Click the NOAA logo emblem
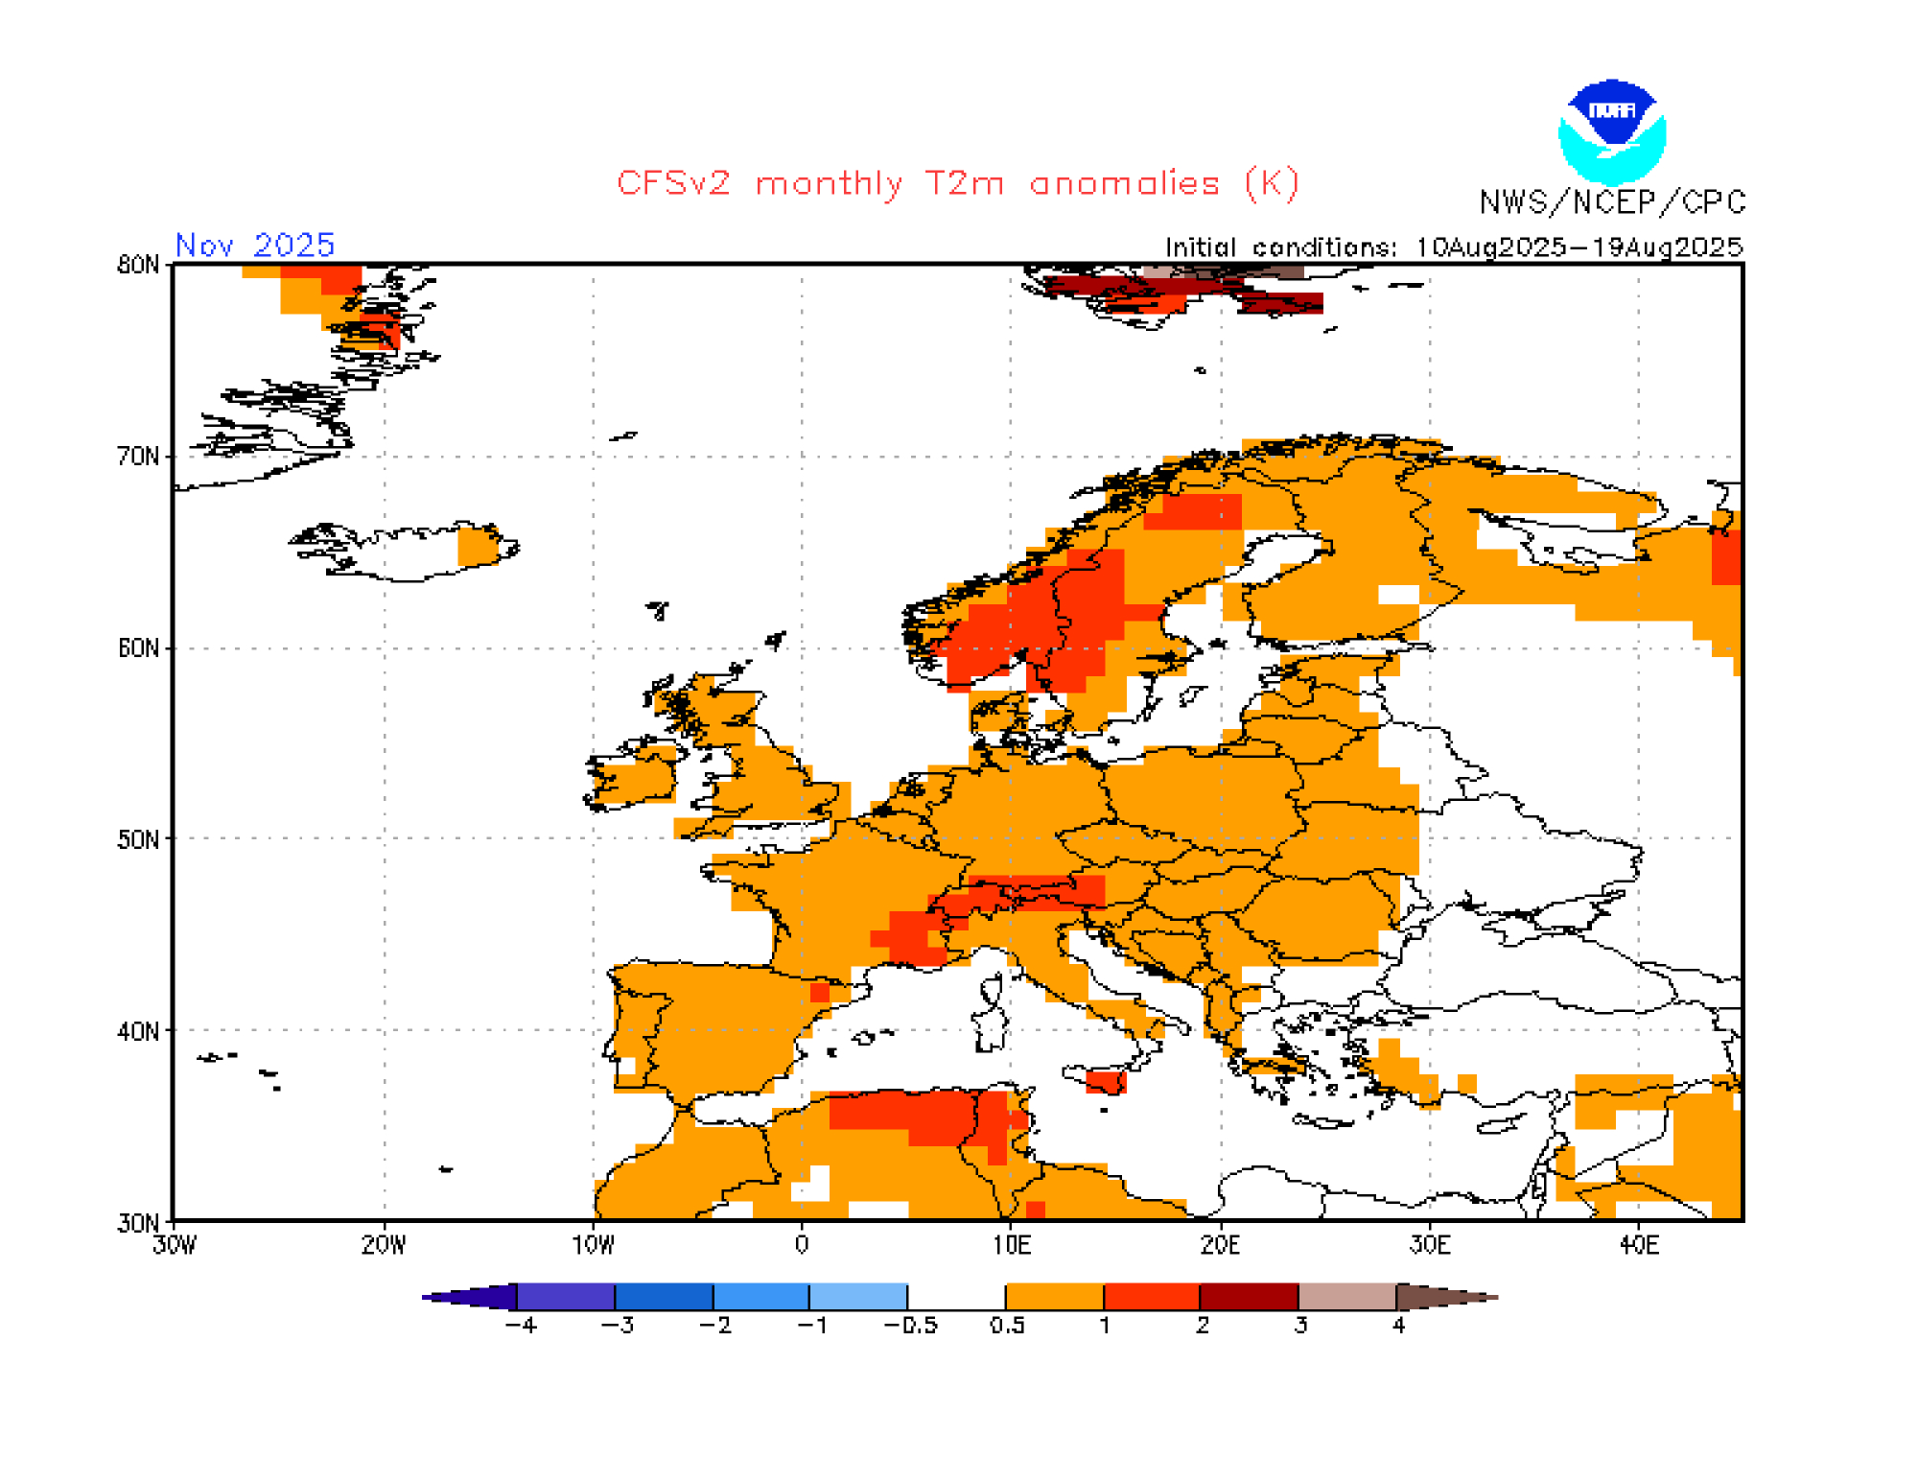[1612, 131]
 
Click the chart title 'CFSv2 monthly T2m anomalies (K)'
[957, 182]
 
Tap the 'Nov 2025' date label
[255, 246]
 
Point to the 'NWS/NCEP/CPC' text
[1612, 202]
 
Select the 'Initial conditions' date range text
[1453, 247]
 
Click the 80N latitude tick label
[138, 265]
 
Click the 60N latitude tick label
[138, 648]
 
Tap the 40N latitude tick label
[138, 1031]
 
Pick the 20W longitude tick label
[384, 1245]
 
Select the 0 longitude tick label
[802, 1245]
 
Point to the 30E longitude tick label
[1429, 1245]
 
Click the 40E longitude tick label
[1638, 1245]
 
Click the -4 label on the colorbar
[521, 1326]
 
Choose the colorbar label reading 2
[1203, 1326]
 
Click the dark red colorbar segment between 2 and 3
[1250, 1297]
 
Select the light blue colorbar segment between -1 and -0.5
[858, 1297]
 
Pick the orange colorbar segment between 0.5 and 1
[1054, 1297]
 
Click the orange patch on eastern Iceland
[478, 546]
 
